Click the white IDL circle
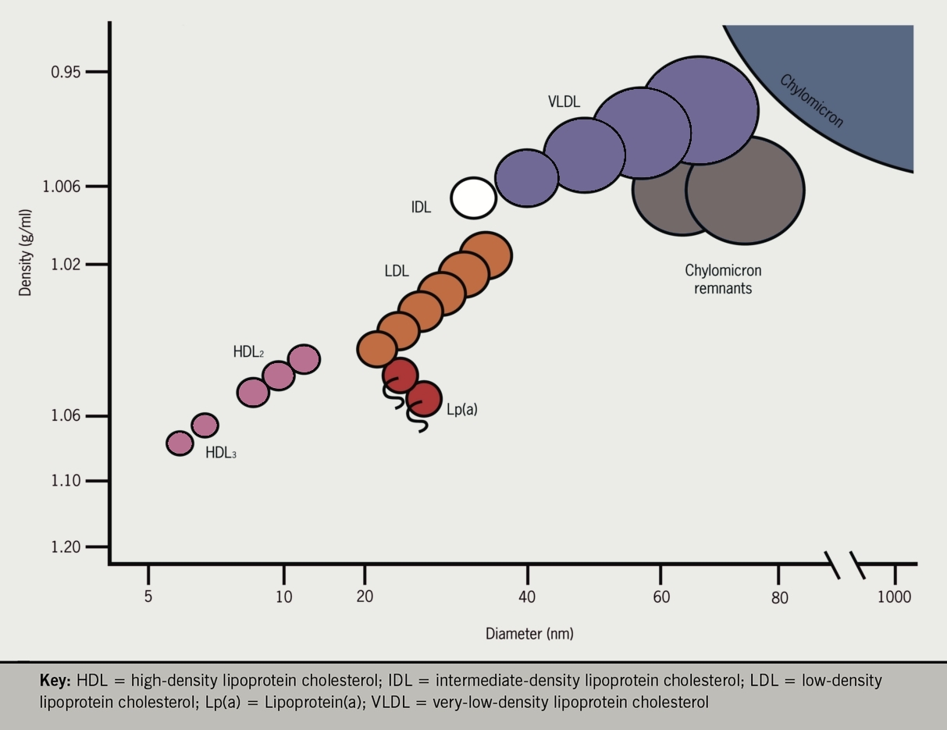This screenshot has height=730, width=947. click(x=474, y=198)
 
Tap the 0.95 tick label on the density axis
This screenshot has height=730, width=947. click(x=66, y=73)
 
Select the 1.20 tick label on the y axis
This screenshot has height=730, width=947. click(x=66, y=547)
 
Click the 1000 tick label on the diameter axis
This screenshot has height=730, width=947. click(x=894, y=597)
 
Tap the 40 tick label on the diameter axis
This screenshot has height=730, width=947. click(x=527, y=597)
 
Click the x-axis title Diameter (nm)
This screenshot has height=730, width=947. click(x=529, y=633)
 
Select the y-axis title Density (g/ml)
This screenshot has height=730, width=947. click(x=26, y=252)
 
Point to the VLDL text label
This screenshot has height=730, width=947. click(x=564, y=101)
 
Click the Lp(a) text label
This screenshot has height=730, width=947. click(x=461, y=409)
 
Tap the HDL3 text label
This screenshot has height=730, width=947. click(x=220, y=452)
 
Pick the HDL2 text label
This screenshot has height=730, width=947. click(x=248, y=352)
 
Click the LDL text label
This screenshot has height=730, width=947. click(x=397, y=272)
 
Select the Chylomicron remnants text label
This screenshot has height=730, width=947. click(x=723, y=280)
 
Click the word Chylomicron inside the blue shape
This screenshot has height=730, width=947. click(x=811, y=101)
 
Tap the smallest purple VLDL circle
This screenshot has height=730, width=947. click(x=527, y=177)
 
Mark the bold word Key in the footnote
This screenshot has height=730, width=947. click(x=55, y=680)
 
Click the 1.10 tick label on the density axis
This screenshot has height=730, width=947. click(x=66, y=481)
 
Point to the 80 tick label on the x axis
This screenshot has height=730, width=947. click(x=779, y=598)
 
